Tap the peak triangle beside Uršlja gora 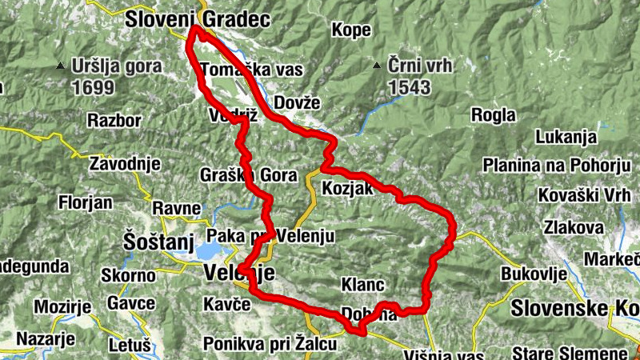[61, 66]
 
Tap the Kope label [350, 30]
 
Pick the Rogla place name [494, 115]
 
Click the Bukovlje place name [534, 274]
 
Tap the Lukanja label [566, 136]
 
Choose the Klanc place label [363, 285]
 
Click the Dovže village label [296, 102]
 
